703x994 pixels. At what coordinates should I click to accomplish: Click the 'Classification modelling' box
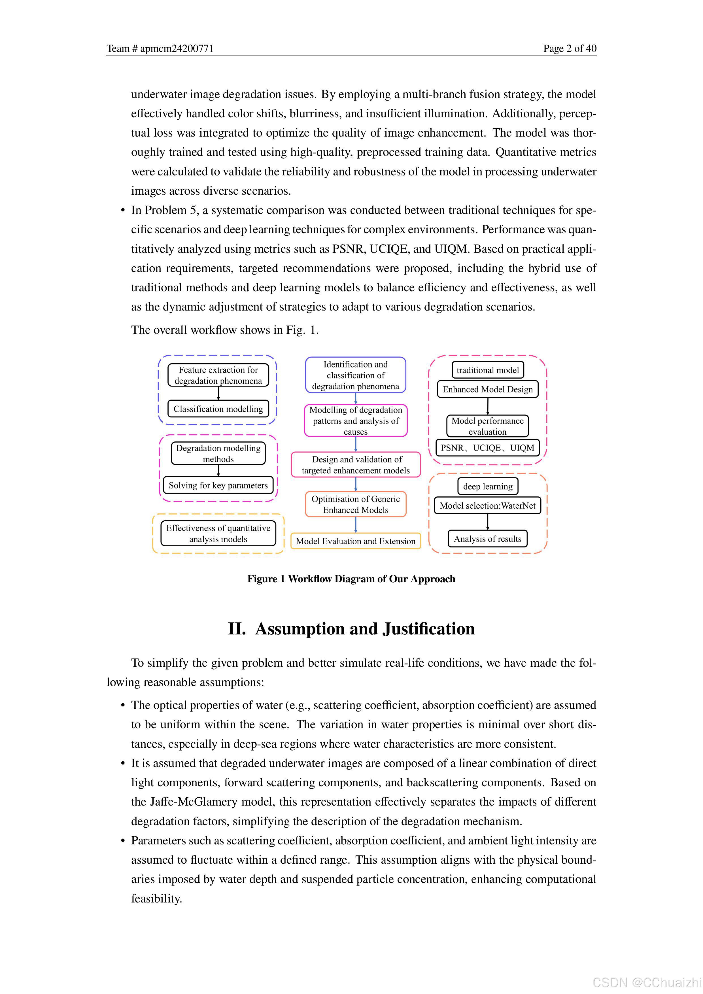click(218, 409)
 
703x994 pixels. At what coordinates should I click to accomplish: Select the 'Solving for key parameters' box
click(218, 485)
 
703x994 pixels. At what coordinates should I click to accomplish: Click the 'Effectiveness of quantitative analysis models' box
click(218, 533)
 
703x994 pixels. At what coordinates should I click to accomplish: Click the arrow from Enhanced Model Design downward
click(488, 406)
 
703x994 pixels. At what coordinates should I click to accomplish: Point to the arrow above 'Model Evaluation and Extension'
click(356, 525)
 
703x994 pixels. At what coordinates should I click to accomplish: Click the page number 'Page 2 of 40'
click(570, 48)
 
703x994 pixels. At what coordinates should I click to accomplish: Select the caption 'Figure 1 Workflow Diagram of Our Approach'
click(351, 579)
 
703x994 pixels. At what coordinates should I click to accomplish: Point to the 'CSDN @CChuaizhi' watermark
click(647, 982)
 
